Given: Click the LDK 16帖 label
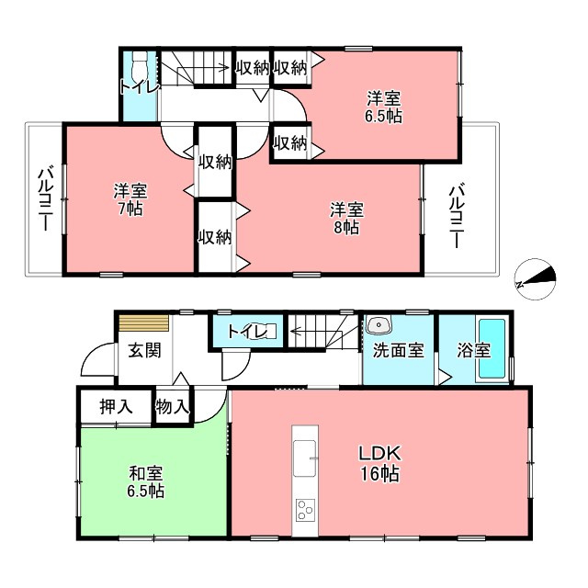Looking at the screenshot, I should point(378,465).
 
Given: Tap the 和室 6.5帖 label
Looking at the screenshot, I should point(146,482).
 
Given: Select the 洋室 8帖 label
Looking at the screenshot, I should point(346,218).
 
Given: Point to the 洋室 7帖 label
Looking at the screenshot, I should point(130,200).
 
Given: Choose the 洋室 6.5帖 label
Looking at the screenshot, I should point(384,107).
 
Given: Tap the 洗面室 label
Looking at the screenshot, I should point(398,351).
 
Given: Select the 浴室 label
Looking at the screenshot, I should point(473,351).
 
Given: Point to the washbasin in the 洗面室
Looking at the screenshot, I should point(379,324).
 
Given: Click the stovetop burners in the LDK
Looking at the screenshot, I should point(304,510).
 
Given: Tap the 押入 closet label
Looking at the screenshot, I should point(115,406).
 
